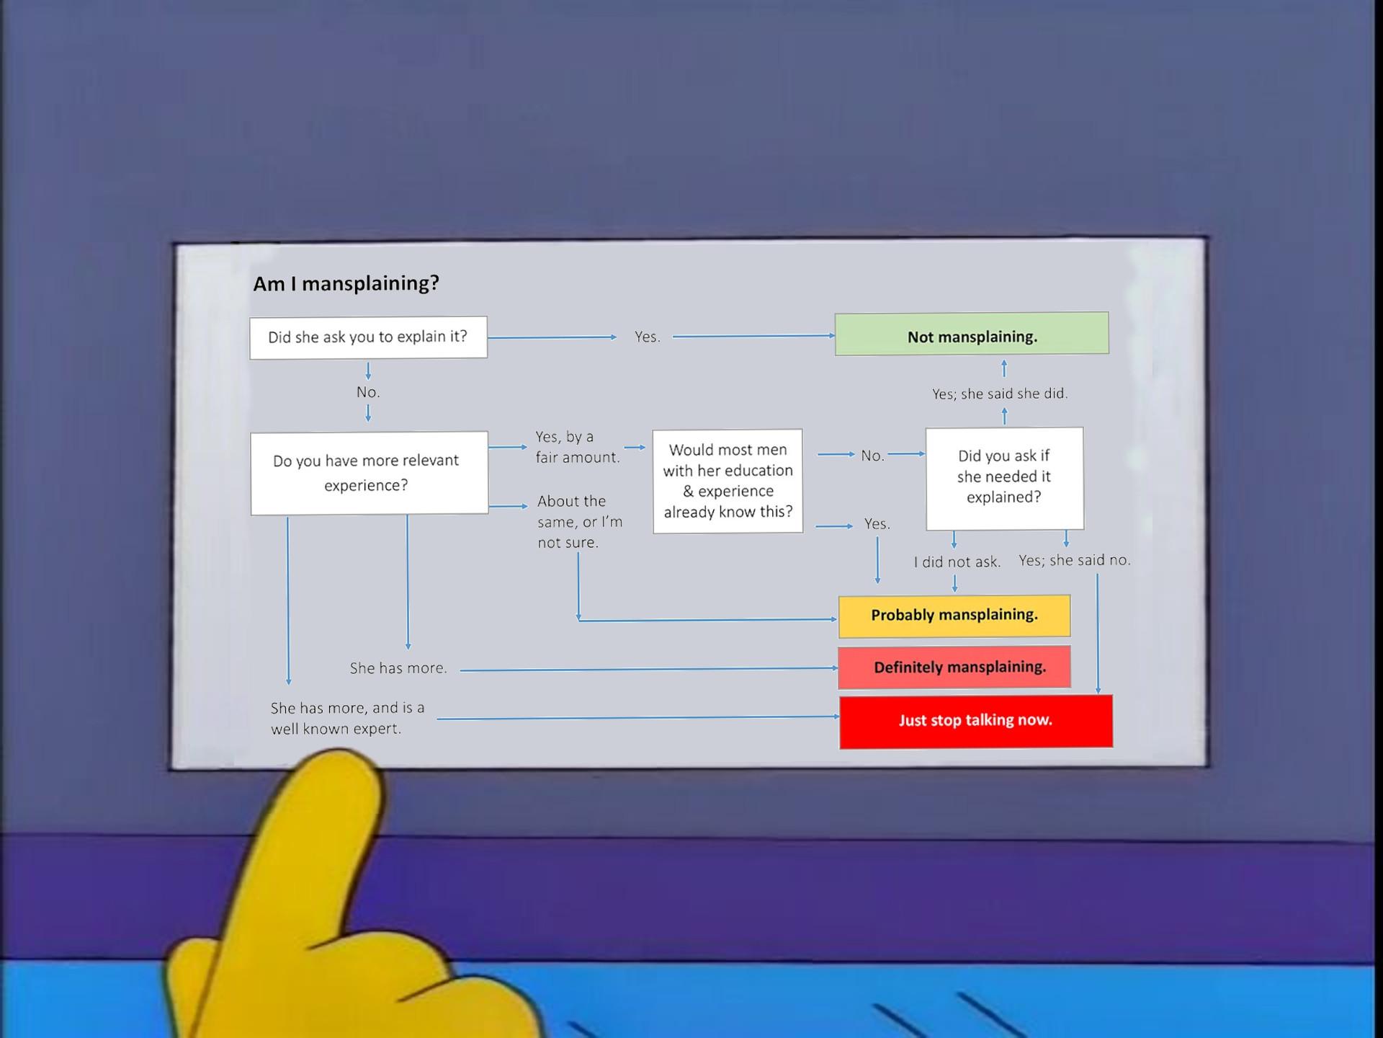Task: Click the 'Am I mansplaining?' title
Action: pos(346,283)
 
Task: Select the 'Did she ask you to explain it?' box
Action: pos(368,337)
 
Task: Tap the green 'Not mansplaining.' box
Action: pos(972,334)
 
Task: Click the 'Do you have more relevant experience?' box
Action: pos(369,473)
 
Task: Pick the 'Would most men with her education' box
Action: pos(728,481)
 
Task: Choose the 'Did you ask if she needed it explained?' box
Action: pos(1004,478)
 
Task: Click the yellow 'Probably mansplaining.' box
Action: pos(954,616)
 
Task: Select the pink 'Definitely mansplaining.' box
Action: pos(954,667)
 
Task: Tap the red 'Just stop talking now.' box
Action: pos(976,721)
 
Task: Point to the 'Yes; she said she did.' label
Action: pos(1000,394)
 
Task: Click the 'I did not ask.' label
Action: pos(957,562)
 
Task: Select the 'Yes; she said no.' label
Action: pos(1075,560)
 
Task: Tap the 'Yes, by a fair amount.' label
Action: pos(578,447)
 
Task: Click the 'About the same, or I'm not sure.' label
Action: pos(580,522)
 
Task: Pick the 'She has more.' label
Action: pos(398,668)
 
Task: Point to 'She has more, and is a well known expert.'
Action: pos(348,718)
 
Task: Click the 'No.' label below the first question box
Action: pos(368,392)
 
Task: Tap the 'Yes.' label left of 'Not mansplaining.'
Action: pos(648,337)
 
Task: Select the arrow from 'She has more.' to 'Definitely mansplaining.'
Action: pos(649,669)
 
